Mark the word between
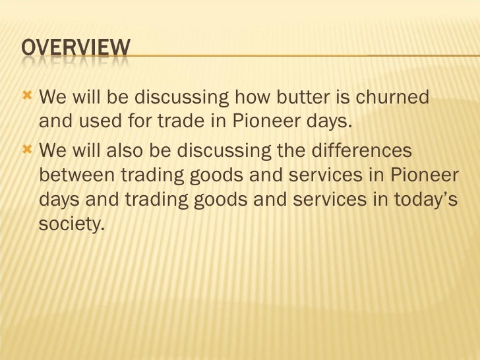click(78, 175)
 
